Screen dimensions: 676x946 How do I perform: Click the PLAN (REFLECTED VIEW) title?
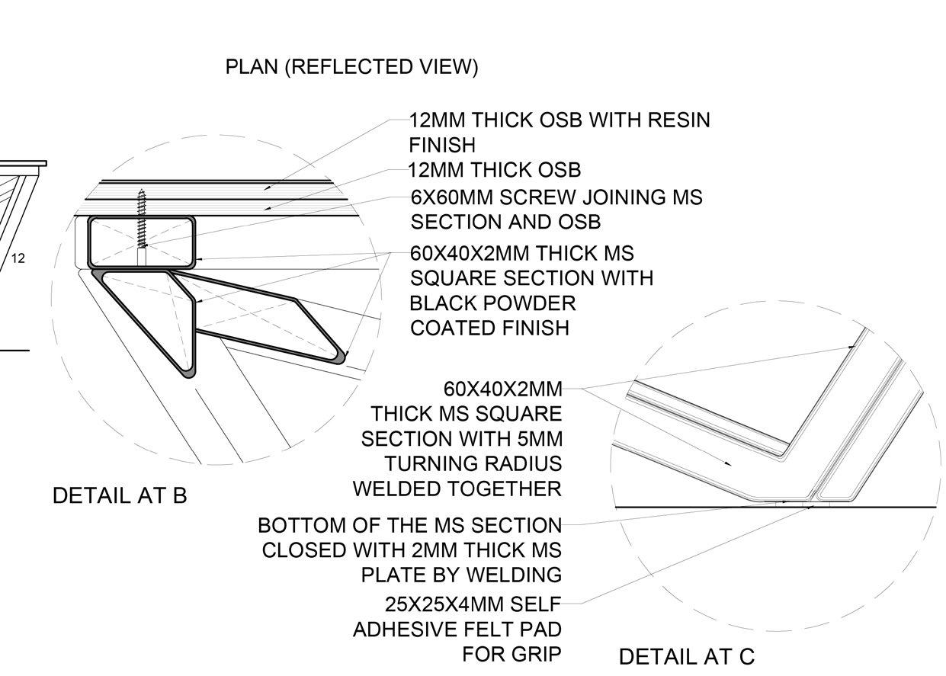coord(351,67)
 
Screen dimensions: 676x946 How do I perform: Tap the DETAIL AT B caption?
coord(120,496)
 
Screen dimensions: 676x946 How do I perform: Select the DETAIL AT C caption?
coord(686,656)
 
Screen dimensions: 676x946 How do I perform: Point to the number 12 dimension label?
coord(18,258)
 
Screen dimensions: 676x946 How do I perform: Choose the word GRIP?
coord(534,655)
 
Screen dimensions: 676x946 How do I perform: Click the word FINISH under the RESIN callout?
coord(441,145)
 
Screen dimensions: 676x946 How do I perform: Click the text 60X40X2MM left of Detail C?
coord(502,390)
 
